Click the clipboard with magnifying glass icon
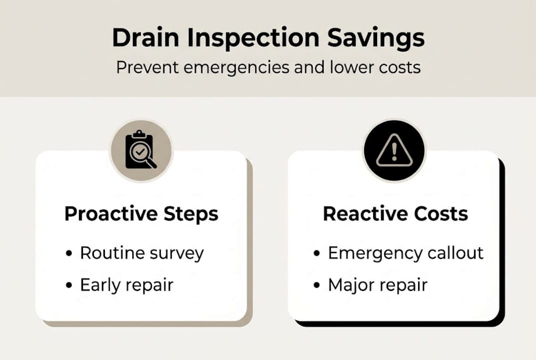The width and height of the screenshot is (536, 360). click(x=140, y=150)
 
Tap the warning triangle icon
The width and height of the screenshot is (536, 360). click(x=394, y=150)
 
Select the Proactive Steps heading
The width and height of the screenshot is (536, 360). click(x=141, y=214)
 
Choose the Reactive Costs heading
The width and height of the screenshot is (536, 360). click(x=395, y=214)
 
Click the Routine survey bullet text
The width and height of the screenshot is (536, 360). click(x=142, y=253)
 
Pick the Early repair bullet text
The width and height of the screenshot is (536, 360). click(x=126, y=285)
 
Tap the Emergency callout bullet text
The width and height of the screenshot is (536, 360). click(x=406, y=253)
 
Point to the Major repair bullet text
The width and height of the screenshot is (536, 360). click(x=378, y=285)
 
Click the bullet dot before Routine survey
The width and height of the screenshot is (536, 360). click(x=69, y=254)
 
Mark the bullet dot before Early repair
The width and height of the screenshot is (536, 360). click(x=69, y=285)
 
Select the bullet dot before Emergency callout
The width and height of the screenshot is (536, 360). click(x=317, y=254)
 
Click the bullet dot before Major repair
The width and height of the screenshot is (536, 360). click(x=317, y=285)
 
